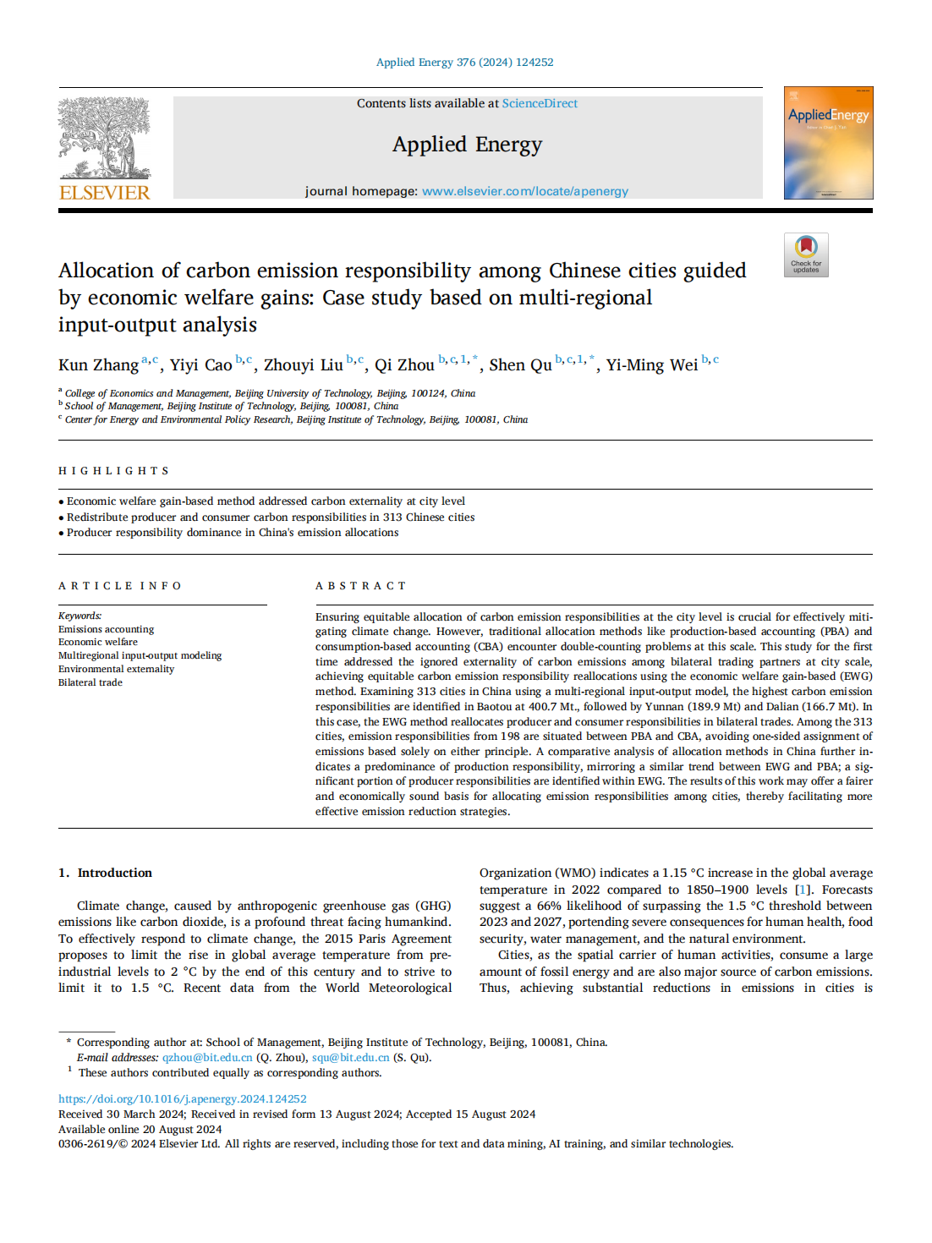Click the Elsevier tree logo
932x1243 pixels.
(x=104, y=137)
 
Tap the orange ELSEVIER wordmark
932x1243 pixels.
(x=104, y=193)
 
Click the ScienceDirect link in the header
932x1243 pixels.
(x=540, y=103)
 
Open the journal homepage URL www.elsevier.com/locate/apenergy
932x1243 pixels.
(x=524, y=191)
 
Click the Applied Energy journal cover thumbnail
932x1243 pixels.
(x=828, y=143)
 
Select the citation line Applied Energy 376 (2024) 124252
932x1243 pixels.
(x=464, y=63)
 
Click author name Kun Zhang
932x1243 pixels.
(x=98, y=365)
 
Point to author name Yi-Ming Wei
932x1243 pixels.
(x=651, y=365)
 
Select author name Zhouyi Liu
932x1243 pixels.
(x=303, y=365)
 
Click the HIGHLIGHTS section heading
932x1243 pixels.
(x=114, y=471)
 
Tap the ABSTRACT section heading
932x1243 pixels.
(x=361, y=586)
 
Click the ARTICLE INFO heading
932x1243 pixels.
(x=120, y=586)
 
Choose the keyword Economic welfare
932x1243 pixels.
(x=98, y=642)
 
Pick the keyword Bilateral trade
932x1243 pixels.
(x=90, y=682)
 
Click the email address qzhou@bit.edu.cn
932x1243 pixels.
(x=207, y=1058)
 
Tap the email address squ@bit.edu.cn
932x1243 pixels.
(x=350, y=1058)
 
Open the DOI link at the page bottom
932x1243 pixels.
(x=183, y=1099)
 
